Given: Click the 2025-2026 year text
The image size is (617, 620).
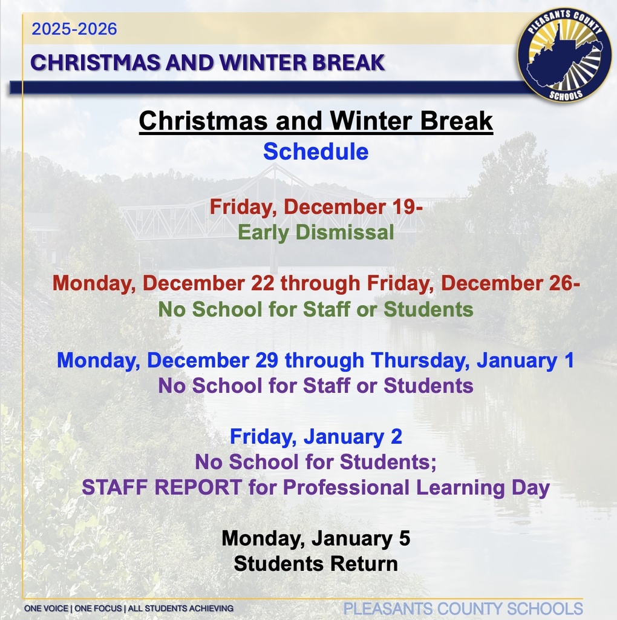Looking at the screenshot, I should click(74, 29).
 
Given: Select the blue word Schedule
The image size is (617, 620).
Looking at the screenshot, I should click(316, 151).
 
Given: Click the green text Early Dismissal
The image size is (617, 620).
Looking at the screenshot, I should click(316, 232).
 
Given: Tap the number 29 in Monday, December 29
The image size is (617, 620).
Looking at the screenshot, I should click(264, 360).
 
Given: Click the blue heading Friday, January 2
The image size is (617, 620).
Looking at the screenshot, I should click(316, 436).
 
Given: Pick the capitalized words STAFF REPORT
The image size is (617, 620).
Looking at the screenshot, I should click(162, 487).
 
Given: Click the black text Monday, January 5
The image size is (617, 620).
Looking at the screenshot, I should click(316, 538).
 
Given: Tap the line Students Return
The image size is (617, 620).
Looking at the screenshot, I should click(316, 564).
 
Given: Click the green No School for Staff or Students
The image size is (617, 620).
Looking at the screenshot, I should click(316, 309).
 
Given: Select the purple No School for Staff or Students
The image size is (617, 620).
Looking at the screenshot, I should click(316, 385).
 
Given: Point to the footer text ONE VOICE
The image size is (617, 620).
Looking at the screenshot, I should click(48, 608).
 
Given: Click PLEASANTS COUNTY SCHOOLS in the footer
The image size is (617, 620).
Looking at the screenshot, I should click(463, 608).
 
